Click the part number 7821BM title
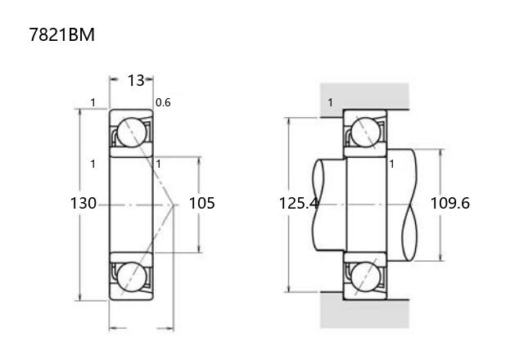[62, 34]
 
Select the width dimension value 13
[136, 80]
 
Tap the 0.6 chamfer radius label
[163, 102]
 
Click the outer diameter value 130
[84, 203]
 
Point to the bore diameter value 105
[202, 203]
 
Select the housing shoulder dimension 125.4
[298, 203]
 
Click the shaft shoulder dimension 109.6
[449, 203]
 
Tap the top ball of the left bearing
[132, 133]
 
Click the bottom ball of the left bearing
[132, 277]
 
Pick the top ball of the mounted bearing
[366, 133]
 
